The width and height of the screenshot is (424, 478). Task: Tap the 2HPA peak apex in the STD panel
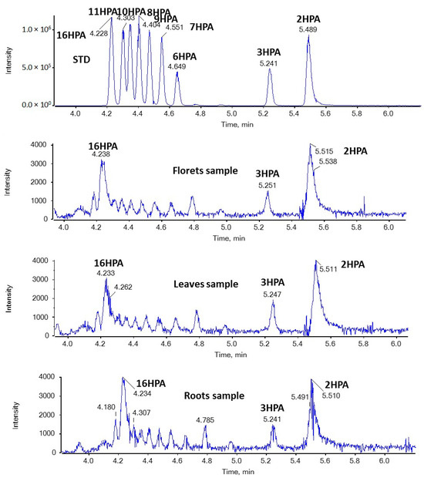308,35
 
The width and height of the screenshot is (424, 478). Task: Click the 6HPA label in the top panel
185,56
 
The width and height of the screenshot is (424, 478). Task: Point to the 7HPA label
201,27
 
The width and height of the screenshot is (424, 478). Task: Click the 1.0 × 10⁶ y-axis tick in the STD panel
35,29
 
